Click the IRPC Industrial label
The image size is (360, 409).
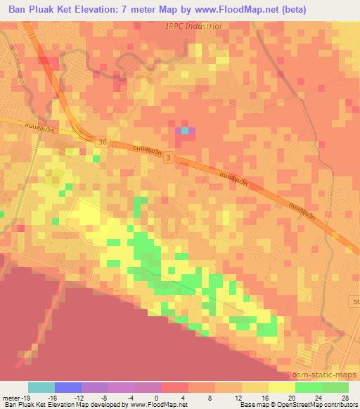[x=193, y=27]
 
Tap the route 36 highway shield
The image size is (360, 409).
[x=103, y=141]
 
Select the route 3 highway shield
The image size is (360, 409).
[x=167, y=160]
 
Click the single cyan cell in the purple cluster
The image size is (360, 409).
[x=185, y=130]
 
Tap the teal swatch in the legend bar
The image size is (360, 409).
[x=41, y=387]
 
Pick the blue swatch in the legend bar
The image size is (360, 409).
[x=68, y=387]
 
